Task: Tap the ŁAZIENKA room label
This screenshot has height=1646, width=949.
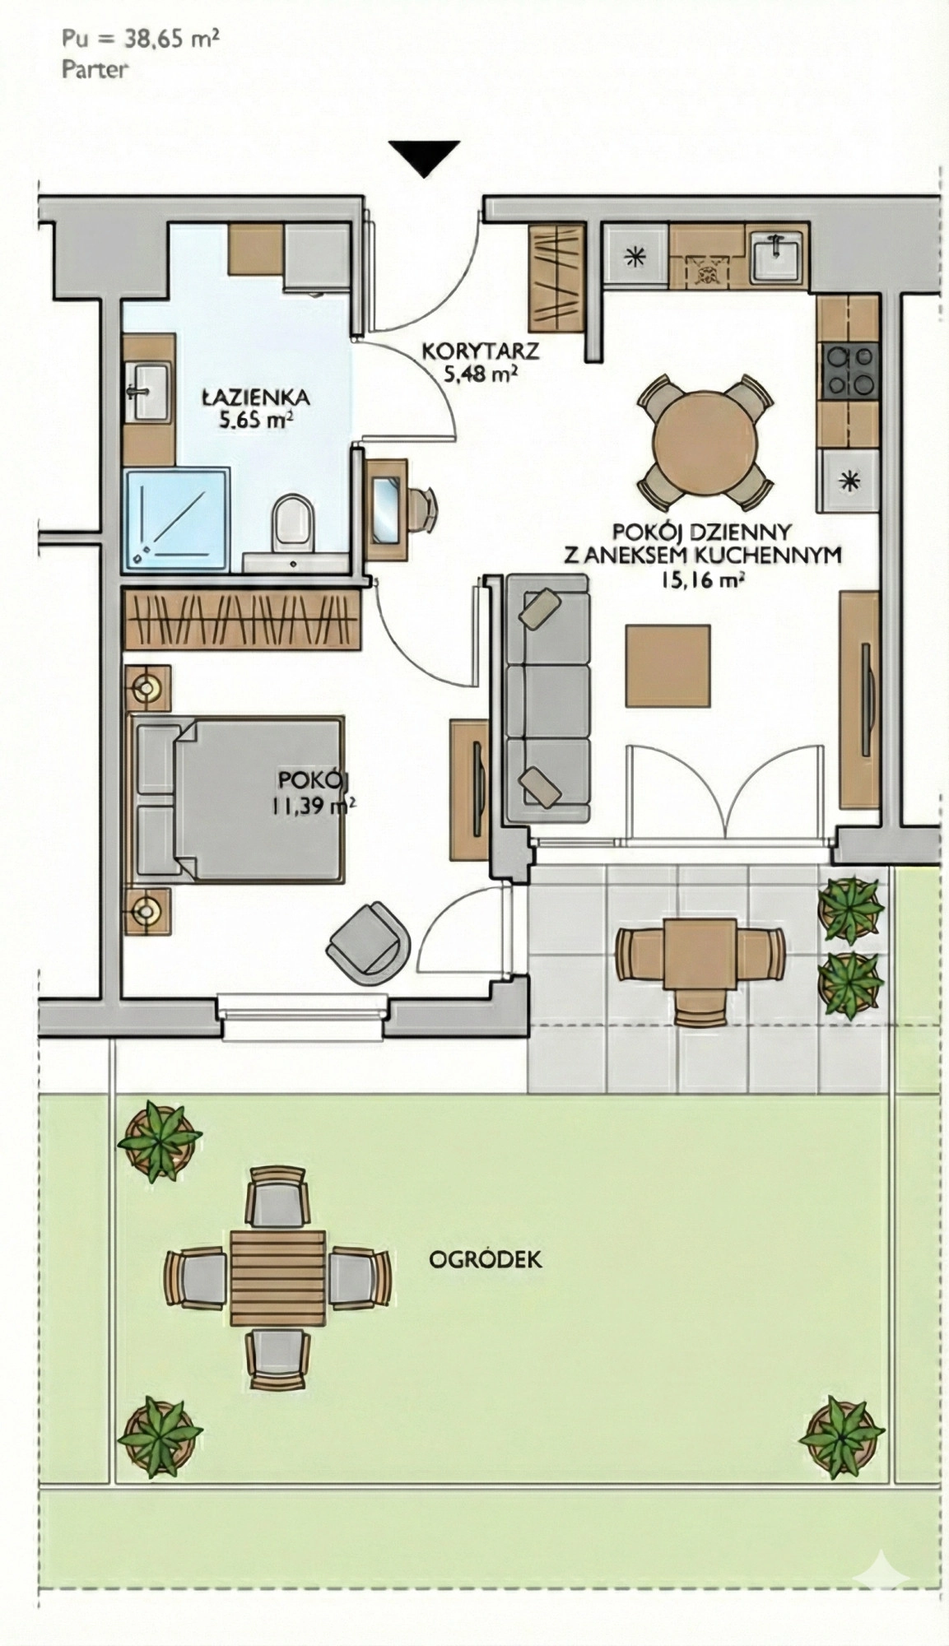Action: pos(256,398)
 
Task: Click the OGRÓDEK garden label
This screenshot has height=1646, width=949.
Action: pos(486,1258)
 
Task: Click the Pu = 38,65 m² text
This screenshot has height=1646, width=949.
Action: pos(141,38)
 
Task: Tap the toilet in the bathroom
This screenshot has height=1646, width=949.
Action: pos(293,523)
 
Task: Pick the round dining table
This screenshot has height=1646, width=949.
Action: pos(705,441)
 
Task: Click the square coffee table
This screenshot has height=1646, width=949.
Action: pos(668,666)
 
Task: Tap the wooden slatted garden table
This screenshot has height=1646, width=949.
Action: pos(278,1277)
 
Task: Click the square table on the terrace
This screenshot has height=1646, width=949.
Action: pos(700,955)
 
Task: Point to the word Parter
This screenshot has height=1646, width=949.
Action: pos(95,69)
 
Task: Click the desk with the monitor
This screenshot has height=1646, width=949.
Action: pos(386,500)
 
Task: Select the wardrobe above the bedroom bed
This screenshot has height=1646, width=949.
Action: pos(243,617)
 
